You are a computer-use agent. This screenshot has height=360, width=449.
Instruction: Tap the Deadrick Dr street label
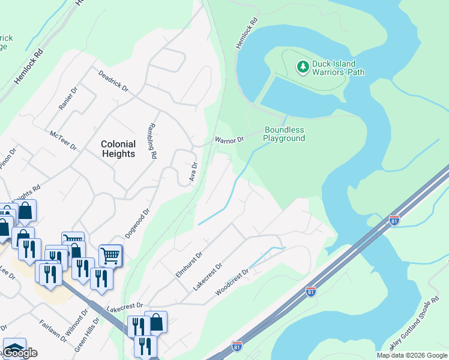pyautogui.click(x=113, y=80)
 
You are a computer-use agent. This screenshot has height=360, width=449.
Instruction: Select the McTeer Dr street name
pyautogui.click(x=64, y=141)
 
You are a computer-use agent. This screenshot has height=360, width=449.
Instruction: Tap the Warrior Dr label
pyautogui.click(x=229, y=140)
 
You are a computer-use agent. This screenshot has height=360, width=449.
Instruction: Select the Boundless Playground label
pyautogui.click(x=285, y=134)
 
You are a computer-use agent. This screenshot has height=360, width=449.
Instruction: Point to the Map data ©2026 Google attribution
pyautogui.click(x=412, y=355)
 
